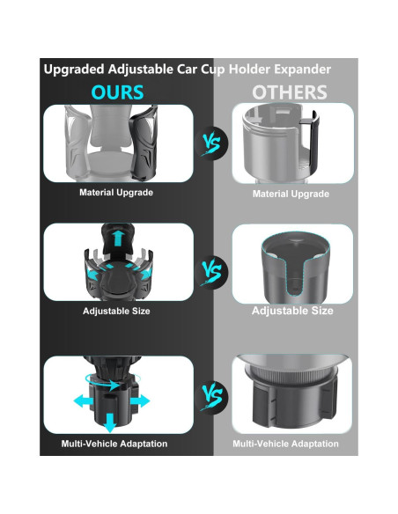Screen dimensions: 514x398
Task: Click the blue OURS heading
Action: (x=118, y=92)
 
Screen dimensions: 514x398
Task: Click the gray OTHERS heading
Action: (x=290, y=92)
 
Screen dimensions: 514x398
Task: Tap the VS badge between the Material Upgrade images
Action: (x=211, y=141)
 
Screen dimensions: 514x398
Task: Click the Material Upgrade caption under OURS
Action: (x=117, y=192)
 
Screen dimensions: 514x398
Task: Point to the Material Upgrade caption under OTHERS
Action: (x=291, y=194)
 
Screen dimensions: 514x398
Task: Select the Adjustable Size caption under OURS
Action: (x=117, y=312)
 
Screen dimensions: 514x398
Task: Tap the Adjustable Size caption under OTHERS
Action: (x=292, y=311)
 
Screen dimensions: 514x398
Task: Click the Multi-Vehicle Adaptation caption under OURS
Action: (x=114, y=444)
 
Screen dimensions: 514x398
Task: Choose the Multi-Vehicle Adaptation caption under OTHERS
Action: (x=285, y=444)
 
